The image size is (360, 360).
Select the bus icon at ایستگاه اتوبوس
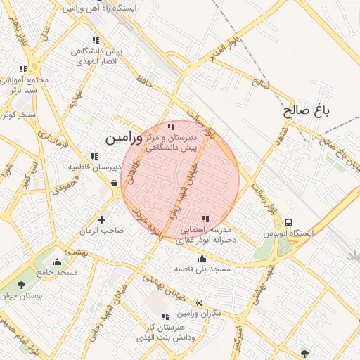coord(289,221)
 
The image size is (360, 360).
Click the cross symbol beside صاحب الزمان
coord(102,220)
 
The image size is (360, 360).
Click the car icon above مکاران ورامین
coord(200,302)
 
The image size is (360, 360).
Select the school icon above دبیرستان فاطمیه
coord(94,156)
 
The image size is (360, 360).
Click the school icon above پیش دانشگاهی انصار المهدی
coord(96,41)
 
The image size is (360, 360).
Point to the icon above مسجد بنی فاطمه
coord(202,259)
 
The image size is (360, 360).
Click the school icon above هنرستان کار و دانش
coord(166,317)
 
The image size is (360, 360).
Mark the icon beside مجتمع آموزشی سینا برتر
coord(23,69)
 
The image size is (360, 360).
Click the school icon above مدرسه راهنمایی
coord(205,219)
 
